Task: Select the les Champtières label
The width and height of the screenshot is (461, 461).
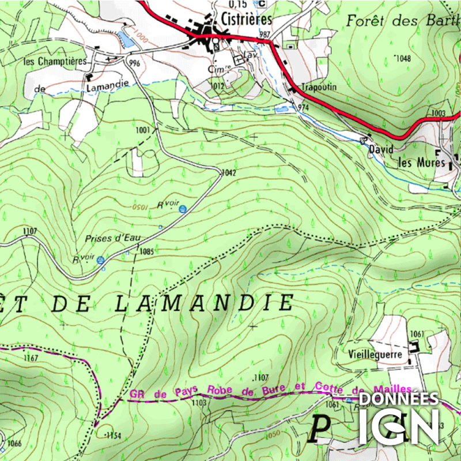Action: [54, 61]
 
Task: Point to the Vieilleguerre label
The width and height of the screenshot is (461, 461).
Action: [375, 354]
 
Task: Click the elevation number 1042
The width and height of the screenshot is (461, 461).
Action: [229, 172]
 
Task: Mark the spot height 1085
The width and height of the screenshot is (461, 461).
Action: [146, 251]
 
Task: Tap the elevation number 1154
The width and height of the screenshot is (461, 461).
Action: [113, 436]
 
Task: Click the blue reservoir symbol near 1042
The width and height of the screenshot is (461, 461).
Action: [183, 209]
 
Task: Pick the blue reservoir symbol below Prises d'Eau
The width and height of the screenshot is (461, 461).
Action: [101, 260]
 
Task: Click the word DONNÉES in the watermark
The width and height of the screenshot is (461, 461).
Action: [399, 399]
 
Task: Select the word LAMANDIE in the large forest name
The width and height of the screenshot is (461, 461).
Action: [204, 303]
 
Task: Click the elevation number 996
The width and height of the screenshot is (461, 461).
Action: [135, 63]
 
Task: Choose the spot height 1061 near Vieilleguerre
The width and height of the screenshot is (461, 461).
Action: [417, 334]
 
